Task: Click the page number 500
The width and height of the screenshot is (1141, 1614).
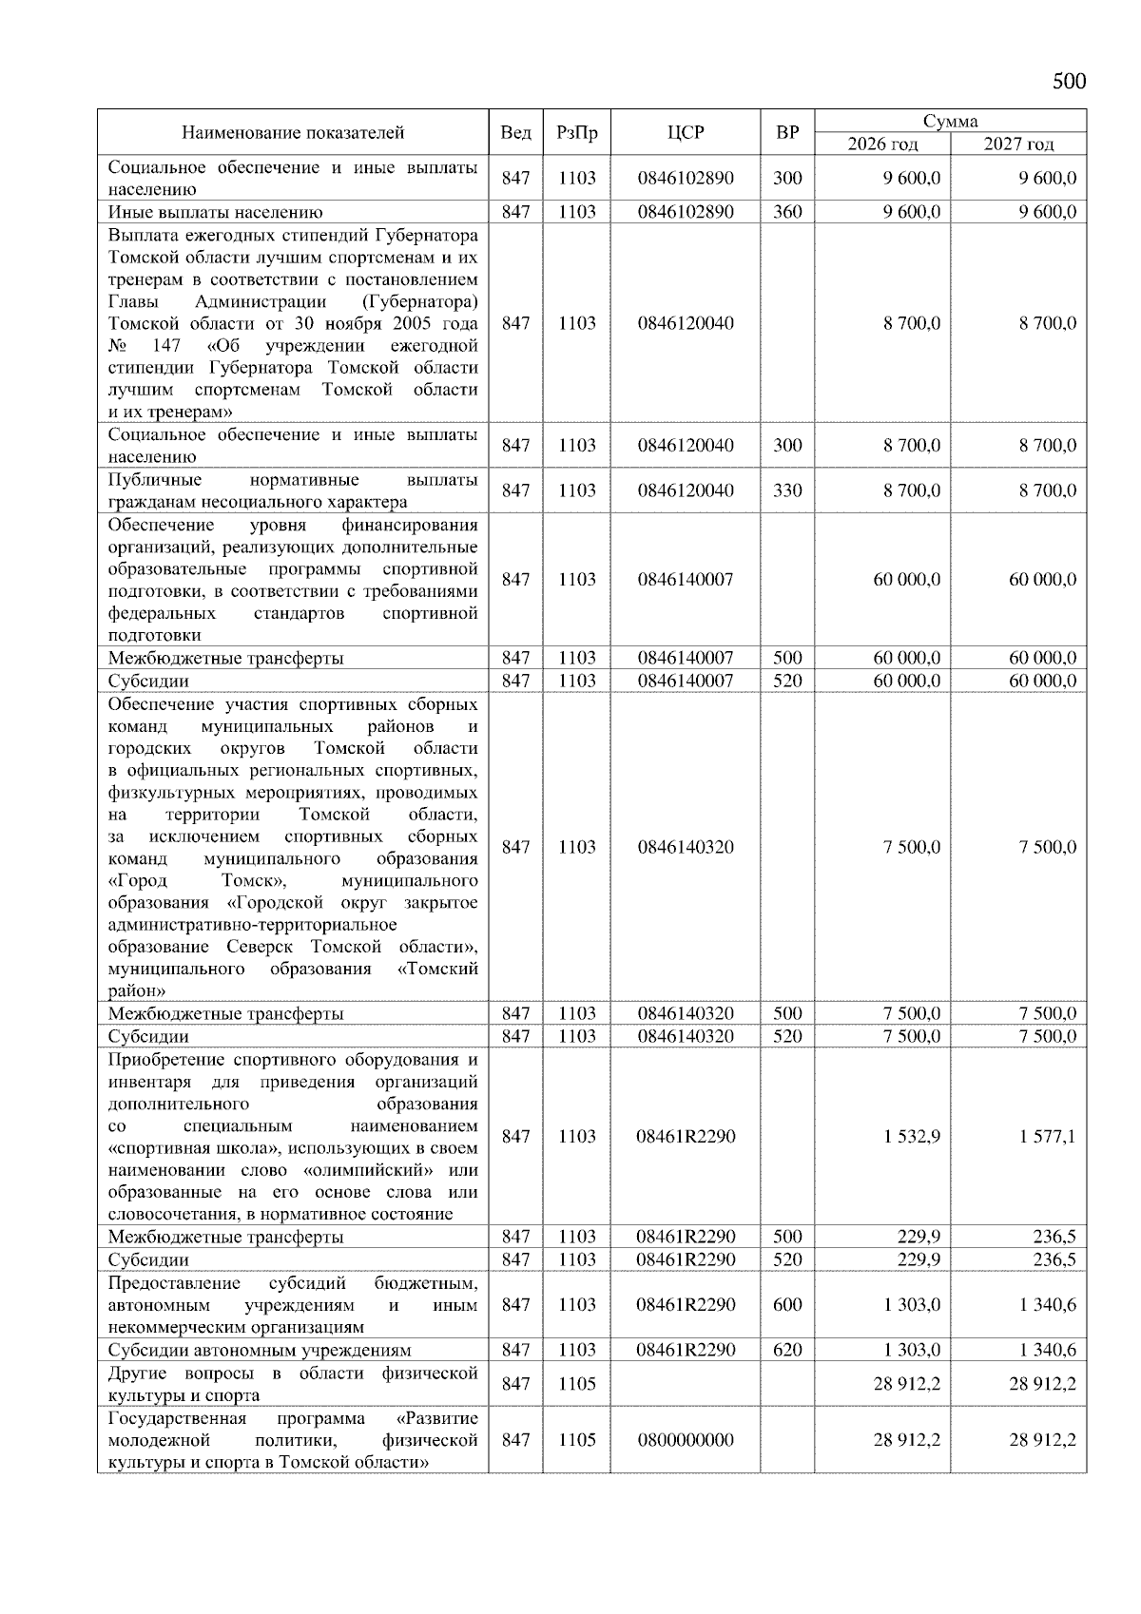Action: (x=1069, y=82)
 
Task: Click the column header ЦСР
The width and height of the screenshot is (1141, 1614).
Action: (x=686, y=133)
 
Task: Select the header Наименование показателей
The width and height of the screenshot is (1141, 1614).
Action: (x=293, y=133)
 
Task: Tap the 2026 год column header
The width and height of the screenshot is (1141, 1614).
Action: (x=882, y=144)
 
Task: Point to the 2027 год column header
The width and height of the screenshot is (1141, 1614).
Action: (x=1018, y=144)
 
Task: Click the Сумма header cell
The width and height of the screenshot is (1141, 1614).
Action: (x=950, y=121)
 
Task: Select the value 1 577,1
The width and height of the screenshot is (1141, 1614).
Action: (x=1047, y=1136)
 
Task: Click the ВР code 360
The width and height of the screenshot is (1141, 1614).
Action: (x=787, y=212)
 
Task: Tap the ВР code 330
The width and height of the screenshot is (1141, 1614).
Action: (x=787, y=490)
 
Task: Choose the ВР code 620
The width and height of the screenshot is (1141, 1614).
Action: (x=787, y=1350)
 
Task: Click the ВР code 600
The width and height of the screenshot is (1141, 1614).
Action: (x=787, y=1305)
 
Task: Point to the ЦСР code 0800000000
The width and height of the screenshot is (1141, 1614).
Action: (x=686, y=1440)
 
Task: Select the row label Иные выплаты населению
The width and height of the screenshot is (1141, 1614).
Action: (x=216, y=212)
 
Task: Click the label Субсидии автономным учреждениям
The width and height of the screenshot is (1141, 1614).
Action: (x=260, y=1350)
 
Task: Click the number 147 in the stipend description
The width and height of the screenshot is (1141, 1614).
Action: (x=166, y=345)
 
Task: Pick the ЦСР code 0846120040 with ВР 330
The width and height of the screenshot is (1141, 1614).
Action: (x=686, y=490)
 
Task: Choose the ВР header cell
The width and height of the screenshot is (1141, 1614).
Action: (x=787, y=133)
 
